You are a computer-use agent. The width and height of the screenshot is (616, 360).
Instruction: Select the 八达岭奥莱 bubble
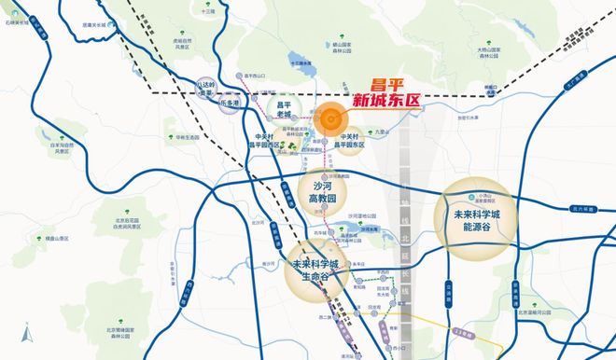203,89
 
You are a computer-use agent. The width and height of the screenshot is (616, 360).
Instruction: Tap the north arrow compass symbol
27,332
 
